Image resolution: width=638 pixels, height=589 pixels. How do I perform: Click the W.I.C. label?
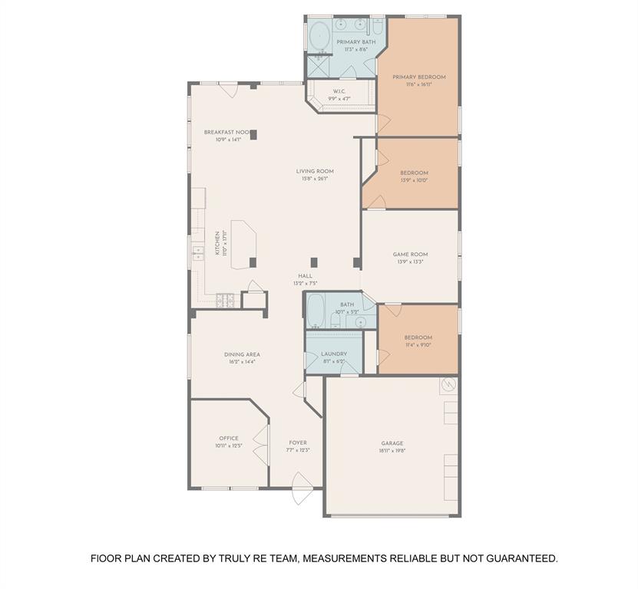[339, 91]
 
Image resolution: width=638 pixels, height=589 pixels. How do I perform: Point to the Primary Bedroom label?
[418, 77]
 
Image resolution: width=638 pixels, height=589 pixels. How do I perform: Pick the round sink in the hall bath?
[360, 321]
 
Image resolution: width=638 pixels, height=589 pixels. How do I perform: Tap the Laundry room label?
[334, 354]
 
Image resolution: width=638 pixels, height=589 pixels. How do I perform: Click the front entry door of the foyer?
[302, 488]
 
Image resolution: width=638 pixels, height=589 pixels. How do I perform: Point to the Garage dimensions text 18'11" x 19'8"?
[392, 451]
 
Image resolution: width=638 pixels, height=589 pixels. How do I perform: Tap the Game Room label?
[411, 254]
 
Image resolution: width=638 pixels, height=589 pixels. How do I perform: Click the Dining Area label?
[242, 354]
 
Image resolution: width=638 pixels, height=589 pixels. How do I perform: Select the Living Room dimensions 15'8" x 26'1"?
[316, 179]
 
